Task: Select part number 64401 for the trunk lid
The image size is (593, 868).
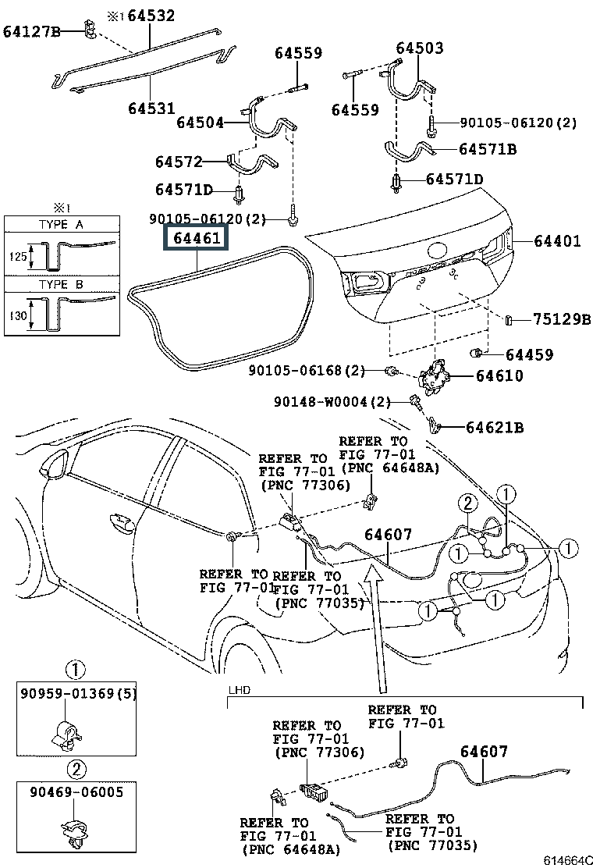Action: pos(557,241)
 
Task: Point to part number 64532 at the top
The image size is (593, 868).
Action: pos(151,15)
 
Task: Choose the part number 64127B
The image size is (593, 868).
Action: pos(31,31)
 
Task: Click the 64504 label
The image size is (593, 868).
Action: pos(200,123)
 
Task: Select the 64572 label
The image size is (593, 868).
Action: pos(179,162)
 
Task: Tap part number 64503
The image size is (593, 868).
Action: pos(419,48)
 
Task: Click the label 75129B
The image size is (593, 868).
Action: pos(563,319)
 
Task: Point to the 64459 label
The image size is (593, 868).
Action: pos(529,355)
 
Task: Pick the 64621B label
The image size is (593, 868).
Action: pos(495,428)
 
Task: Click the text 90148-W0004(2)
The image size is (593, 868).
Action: pos(332,402)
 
